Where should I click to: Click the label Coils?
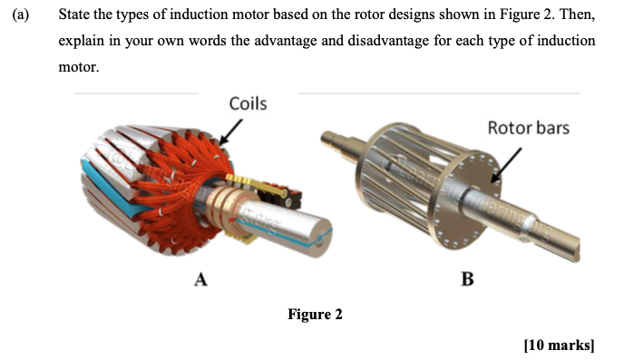tap(248, 103)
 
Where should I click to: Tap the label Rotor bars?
tap(529, 128)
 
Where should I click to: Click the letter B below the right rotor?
tap(467, 279)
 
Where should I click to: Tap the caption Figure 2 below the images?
tap(315, 315)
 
